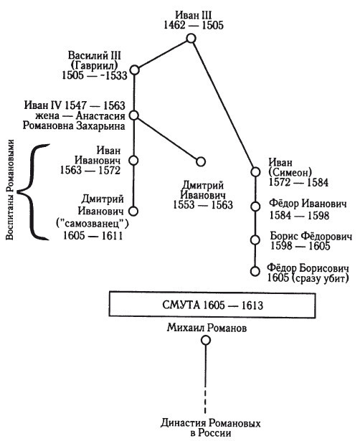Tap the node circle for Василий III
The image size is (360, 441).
(136, 70)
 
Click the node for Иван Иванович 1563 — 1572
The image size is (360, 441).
(133, 161)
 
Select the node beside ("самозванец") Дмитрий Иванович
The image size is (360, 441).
(132, 211)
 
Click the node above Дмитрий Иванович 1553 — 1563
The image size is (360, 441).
(201, 161)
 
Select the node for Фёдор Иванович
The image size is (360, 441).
(254, 206)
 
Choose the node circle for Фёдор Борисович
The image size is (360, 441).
(254, 271)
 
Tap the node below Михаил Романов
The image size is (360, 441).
(206, 341)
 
